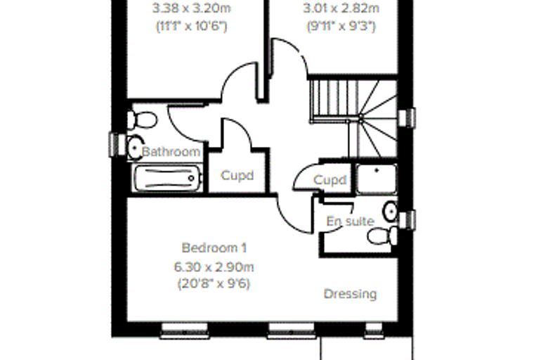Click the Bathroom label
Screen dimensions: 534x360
pyautogui.click(x=171, y=152)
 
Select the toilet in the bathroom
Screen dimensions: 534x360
pyautogui.click(x=143, y=120)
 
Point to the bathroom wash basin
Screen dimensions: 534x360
pyautogui.click(x=136, y=148)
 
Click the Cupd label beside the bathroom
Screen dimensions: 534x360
pyautogui.click(x=237, y=176)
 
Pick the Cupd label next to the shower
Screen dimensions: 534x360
pyautogui.click(x=330, y=180)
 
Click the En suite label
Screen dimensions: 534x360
pyautogui.click(x=351, y=221)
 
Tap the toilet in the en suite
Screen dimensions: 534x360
pyautogui.click(x=382, y=236)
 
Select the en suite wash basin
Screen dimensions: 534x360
pyautogui.click(x=390, y=212)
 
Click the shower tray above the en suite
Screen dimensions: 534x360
pyautogui.click(x=377, y=179)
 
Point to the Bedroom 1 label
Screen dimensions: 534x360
pyautogui.click(x=214, y=247)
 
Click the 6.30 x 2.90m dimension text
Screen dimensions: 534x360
pyautogui.click(x=214, y=267)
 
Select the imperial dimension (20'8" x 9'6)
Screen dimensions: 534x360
pyautogui.click(x=214, y=283)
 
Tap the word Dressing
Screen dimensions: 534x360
pyautogui.click(x=351, y=294)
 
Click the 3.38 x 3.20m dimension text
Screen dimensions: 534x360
pyautogui.click(x=192, y=8)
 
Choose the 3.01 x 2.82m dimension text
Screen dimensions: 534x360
pyautogui.click(x=341, y=8)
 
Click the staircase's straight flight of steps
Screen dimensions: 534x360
pyautogui.click(x=334, y=101)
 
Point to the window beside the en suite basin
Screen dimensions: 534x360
pyautogui.click(x=407, y=220)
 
